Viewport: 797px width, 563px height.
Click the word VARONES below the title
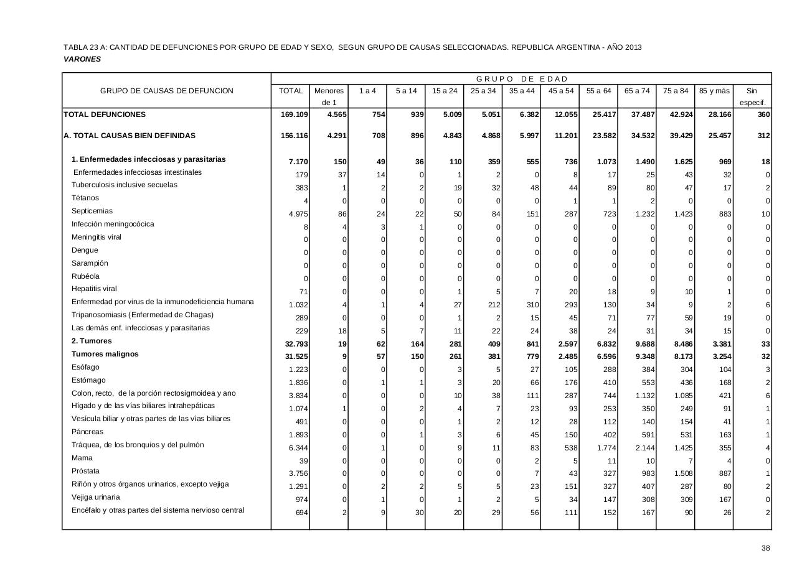coord(82,59)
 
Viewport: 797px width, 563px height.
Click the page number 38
coord(765,548)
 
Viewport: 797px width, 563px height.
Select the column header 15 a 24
coord(444,91)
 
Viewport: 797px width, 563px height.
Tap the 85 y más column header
coord(714,91)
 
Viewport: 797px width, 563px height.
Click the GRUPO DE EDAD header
coord(522,79)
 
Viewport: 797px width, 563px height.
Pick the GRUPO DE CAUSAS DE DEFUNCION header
coord(167,91)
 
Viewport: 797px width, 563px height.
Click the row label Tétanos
coord(85,198)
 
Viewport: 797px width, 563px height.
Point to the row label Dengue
coord(85,250)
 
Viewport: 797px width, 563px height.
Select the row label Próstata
coord(85,471)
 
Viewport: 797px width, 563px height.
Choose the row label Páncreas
coord(87,432)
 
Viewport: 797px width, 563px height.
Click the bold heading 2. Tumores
coord(92,341)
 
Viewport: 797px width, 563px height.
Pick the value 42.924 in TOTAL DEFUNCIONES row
coord(677,114)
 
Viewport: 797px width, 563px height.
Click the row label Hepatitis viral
coord(94,289)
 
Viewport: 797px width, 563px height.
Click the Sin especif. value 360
coord(763,114)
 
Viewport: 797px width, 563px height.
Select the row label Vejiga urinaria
coord(96,497)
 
